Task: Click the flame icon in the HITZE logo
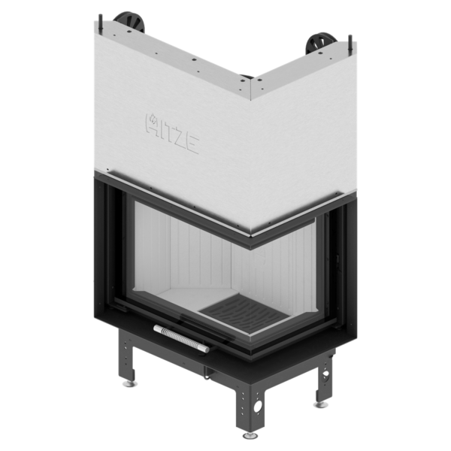pos(153,118)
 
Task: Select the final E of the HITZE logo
pos(192,144)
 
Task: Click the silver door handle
pos(181,338)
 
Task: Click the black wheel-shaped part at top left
pos(129,22)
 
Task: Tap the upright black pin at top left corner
pos(101,21)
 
